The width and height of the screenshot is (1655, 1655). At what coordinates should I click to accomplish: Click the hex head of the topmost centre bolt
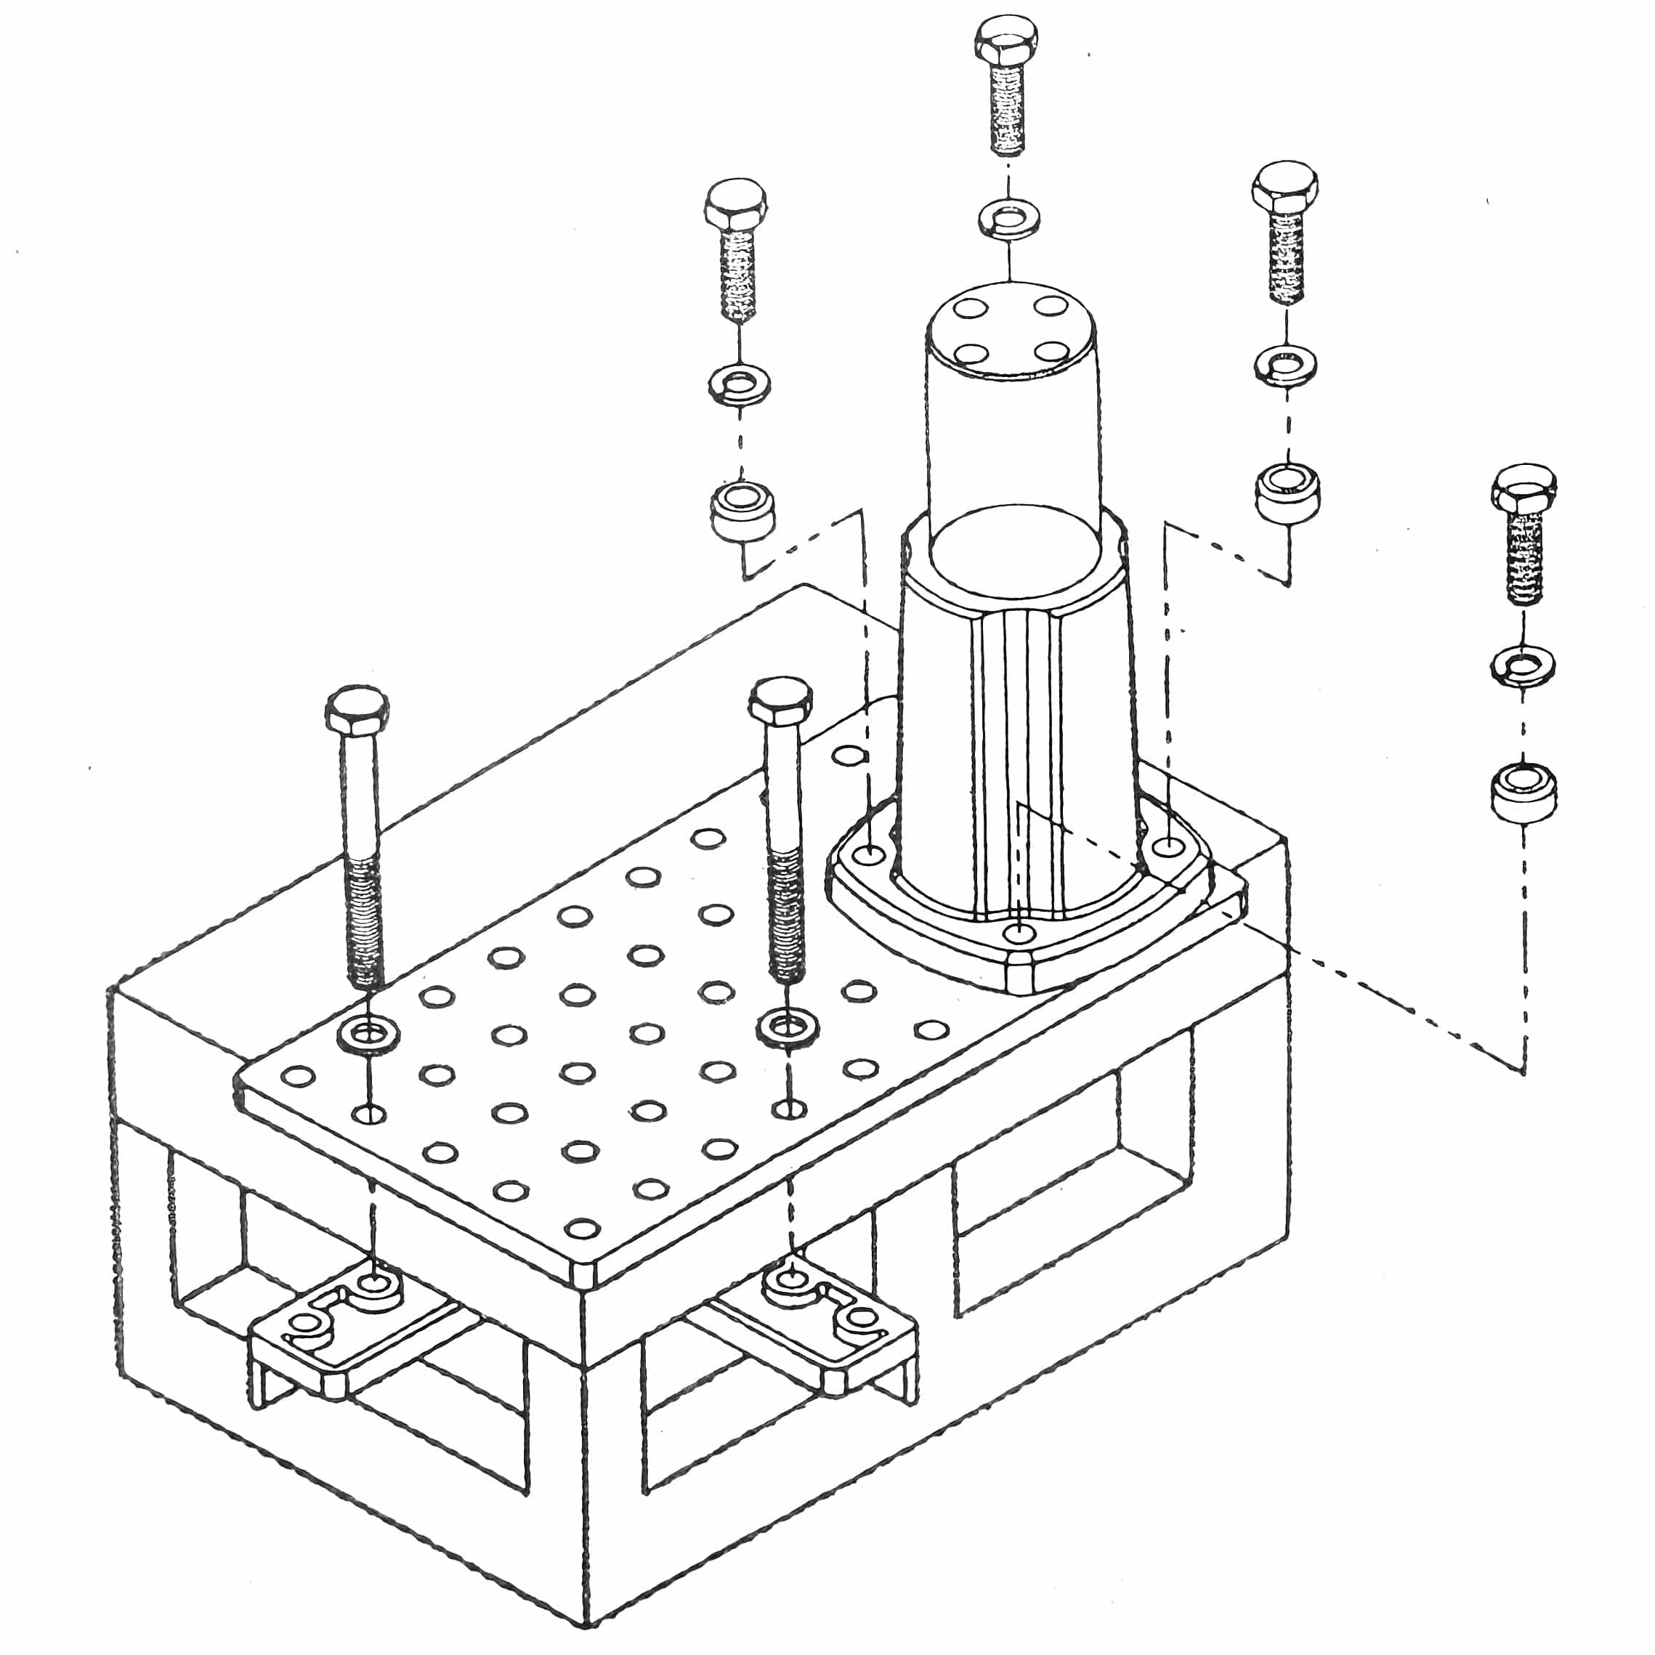[1006, 39]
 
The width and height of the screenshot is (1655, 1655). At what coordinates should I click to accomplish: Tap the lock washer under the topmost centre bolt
[1009, 217]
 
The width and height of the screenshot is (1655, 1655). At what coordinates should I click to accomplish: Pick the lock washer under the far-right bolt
[1524, 666]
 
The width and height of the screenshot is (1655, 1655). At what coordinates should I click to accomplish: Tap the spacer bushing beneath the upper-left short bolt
[741, 510]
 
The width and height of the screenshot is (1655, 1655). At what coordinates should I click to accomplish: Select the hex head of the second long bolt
[780, 700]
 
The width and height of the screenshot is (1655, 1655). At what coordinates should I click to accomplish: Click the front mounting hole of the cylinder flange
[1017, 932]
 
